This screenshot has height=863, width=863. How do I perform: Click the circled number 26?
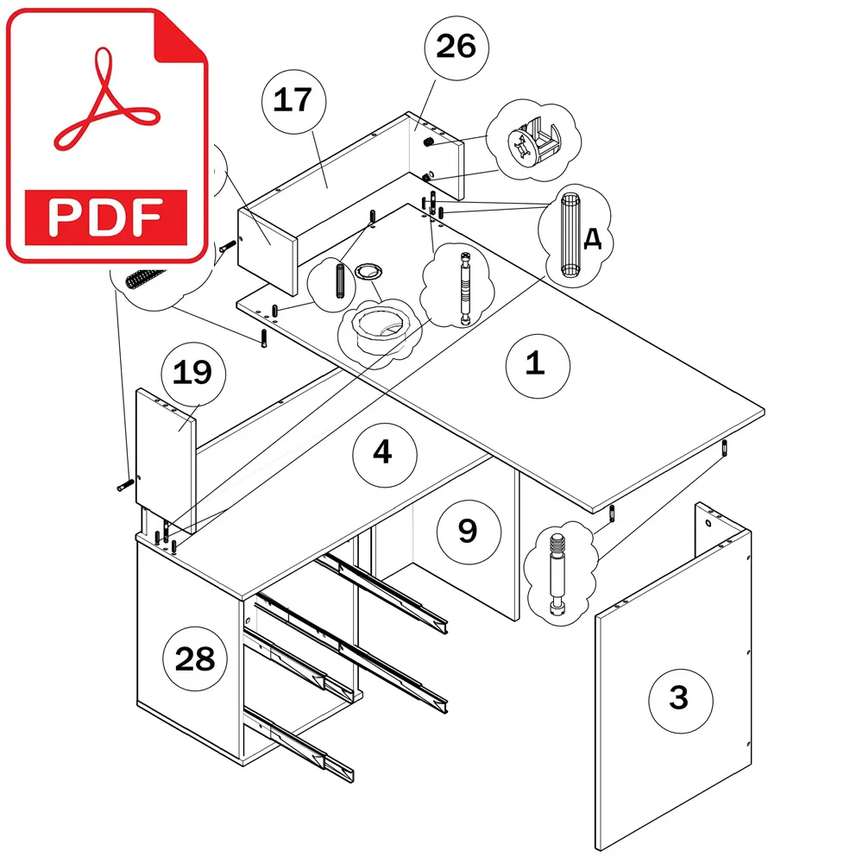click(x=457, y=47)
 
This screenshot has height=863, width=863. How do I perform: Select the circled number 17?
click(x=293, y=101)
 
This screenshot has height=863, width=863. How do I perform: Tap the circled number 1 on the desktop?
click(x=537, y=365)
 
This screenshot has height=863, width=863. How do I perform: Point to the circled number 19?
click(x=193, y=374)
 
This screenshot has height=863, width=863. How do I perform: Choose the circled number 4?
click(x=384, y=454)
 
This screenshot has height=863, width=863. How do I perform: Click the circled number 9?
click(x=469, y=532)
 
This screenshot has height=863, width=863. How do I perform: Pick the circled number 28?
click(x=195, y=658)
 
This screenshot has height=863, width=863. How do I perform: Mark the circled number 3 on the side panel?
click(x=680, y=701)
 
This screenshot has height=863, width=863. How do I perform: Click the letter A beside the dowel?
click(x=592, y=239)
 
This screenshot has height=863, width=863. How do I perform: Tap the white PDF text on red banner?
click(x=105, y=217)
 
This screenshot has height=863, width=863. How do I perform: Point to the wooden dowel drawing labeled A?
click(x=570, y=235)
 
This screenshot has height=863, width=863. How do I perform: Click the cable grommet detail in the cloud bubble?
click(x=379, y=331)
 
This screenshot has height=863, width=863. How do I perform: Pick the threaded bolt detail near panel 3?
click(x=557, y=574)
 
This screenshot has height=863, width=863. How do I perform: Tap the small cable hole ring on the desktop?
click(x=368, y=271)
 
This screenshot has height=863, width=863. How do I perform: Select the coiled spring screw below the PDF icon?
click(x=145, y=278)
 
